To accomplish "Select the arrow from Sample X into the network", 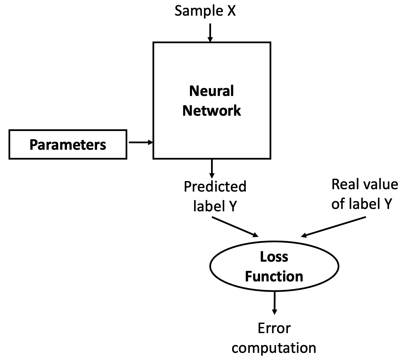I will (x=210, y=33).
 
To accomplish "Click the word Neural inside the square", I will (x=211, y=91).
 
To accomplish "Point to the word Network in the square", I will (x=211, y=111).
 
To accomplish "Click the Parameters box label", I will (x=68, y=145).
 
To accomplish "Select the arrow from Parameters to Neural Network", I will (x=140, y=143).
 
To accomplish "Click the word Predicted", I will (x=215, y=186).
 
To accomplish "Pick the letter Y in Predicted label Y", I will (x=232, y=206).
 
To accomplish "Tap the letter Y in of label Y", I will (x=388, y=204).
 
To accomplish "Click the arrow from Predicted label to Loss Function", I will (x=235, y=227).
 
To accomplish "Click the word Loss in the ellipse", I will (x=274, y=257).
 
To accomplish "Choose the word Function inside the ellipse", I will (x=274, y=276).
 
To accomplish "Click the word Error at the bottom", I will (x=274, y=328).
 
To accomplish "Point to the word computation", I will (x=274, y=348).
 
